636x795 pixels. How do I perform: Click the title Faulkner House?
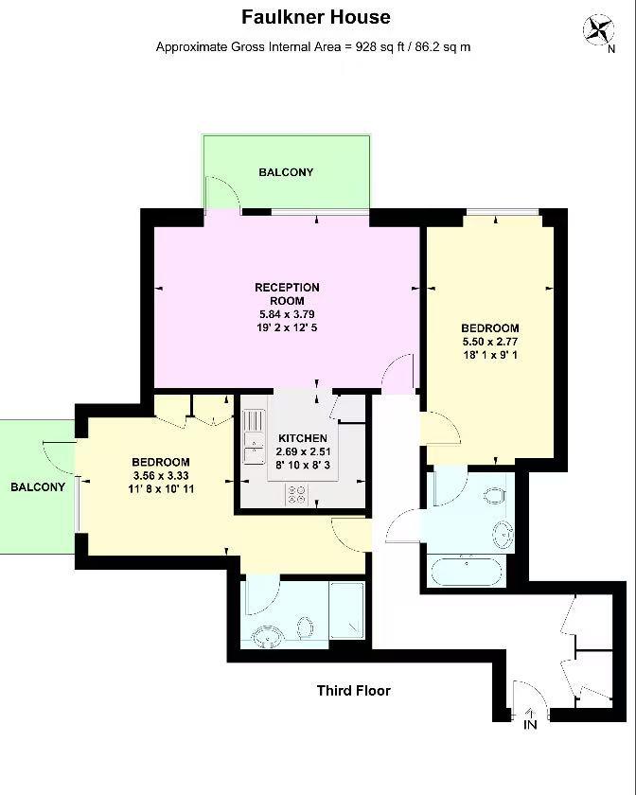pos(315,17)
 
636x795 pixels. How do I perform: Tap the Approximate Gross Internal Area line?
pos(313,46)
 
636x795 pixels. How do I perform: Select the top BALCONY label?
pos(286,172)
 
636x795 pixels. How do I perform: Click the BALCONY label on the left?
pos(38,487)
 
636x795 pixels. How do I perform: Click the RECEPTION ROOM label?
pos(287,293)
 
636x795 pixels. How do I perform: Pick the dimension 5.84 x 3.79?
pos(287,314)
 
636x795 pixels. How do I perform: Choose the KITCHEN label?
pos(303,438)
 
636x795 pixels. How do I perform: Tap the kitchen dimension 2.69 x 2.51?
pos(303,451)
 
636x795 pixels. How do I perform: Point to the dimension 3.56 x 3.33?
pos(161,475)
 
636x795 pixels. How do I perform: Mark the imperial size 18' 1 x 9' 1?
pos(489,355)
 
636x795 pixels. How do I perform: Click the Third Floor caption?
pos(353,691)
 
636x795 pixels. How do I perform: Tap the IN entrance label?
pos(530,725)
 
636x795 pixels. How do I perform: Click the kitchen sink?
pos(252,436)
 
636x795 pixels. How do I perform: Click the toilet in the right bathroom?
pos(493,495)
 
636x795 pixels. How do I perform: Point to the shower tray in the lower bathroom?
pos(347,610)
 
